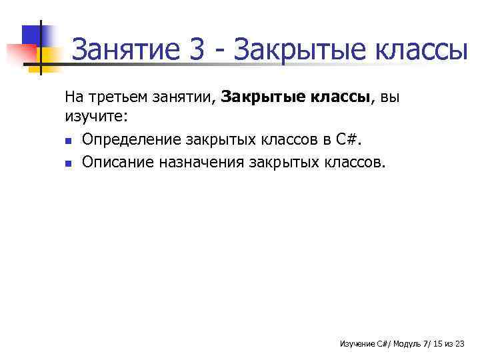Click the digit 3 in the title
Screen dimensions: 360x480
click(197, 50)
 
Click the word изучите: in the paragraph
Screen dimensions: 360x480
click(95, 117)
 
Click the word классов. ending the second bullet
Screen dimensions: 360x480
click(352, 161)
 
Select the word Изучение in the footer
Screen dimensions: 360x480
click(357, 343)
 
